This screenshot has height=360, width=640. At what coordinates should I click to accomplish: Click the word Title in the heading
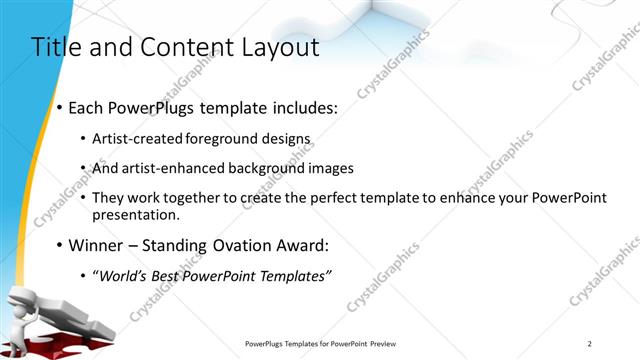(56, 47)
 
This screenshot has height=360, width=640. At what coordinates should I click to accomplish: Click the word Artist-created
(134, 139)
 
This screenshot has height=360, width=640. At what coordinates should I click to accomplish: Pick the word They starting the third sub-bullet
(106, 198)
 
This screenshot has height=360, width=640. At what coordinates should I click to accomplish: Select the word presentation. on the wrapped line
(136, 214)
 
